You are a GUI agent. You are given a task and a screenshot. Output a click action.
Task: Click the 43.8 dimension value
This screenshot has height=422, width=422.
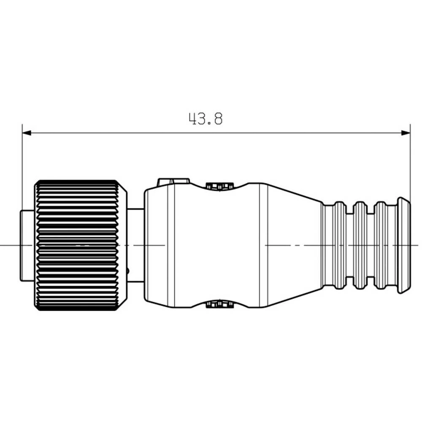tap(206, 119)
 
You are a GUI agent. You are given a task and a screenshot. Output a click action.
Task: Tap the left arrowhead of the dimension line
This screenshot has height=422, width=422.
tap(27, 133)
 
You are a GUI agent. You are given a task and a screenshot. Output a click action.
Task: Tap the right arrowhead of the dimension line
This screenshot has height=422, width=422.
tap(406, 133)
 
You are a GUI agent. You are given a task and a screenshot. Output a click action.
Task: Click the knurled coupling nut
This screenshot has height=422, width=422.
tap(81, 245)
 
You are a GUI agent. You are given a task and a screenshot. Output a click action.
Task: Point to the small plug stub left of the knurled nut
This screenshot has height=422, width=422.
tap(27, 246)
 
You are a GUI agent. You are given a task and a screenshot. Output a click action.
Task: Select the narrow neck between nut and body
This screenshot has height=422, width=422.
tap(136, 245)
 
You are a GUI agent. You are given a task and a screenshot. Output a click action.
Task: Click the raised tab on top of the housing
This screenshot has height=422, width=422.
tap(173, 181)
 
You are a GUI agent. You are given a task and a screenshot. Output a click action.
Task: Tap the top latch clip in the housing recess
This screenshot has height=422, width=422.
tap(219, 186)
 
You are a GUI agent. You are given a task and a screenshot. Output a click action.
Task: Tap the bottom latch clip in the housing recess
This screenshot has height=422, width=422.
tap(219, 304)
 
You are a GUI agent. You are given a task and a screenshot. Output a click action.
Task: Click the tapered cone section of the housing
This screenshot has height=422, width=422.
tap(295, 245)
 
